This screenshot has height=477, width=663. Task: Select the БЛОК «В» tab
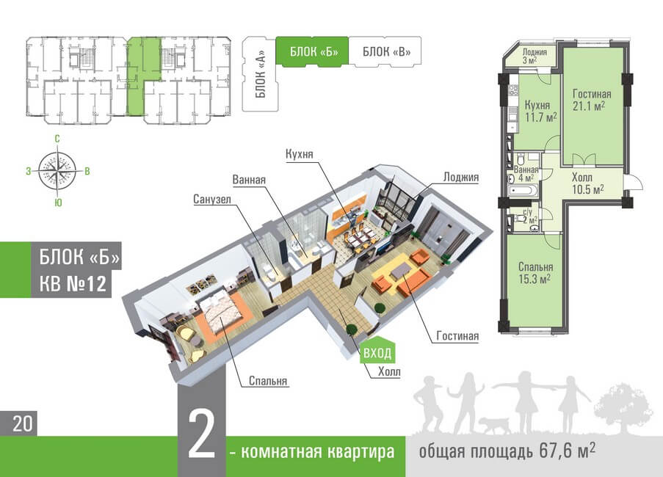pyautogui.click(x=381, y=51)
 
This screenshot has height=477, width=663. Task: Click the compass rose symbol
pyautogui.click(x=58, y=170)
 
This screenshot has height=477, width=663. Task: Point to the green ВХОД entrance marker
pyautogui.click(x=377, y=353)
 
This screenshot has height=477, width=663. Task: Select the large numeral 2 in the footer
pyautogui.click(x=201, y=438)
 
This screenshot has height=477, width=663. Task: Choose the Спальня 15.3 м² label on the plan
pyautogui.click(x=534, y=272)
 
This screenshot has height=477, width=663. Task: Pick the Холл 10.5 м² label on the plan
pyautogui.click(x=588, y=183)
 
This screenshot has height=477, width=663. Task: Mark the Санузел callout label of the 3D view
pyautogui.click(x=212, y=199)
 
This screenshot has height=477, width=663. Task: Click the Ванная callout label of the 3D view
pyautogui.click(x=249, y=180)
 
